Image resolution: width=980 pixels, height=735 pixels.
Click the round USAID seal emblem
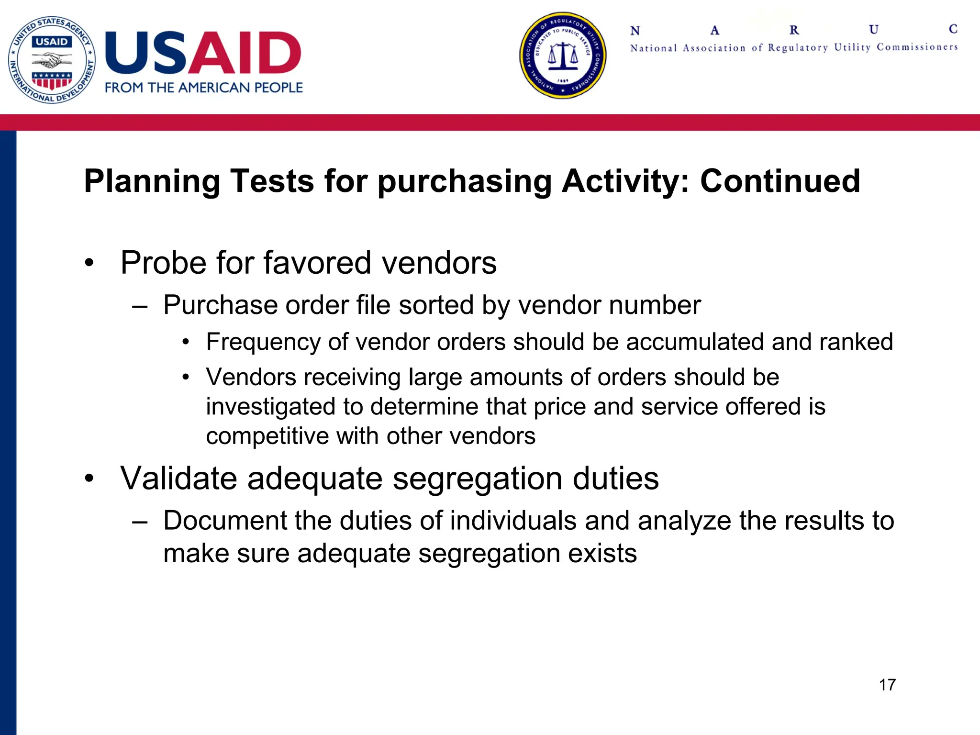click(x=52, y=60)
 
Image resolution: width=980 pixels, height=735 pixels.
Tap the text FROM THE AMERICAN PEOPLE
click(x=204, y=88)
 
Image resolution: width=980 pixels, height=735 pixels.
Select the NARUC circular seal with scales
click(x=563, y=56)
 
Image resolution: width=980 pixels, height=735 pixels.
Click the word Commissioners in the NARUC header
click(x=917, y=47)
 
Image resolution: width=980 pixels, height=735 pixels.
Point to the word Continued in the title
click(x=780, y=181)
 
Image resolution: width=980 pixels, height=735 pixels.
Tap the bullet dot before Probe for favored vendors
click(x=89, y=263)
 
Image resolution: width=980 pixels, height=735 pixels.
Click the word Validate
click(x=178, y=478)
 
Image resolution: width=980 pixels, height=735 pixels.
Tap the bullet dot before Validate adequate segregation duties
click(x=89, y=479)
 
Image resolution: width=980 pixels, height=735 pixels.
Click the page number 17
click(x=887, y=685)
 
